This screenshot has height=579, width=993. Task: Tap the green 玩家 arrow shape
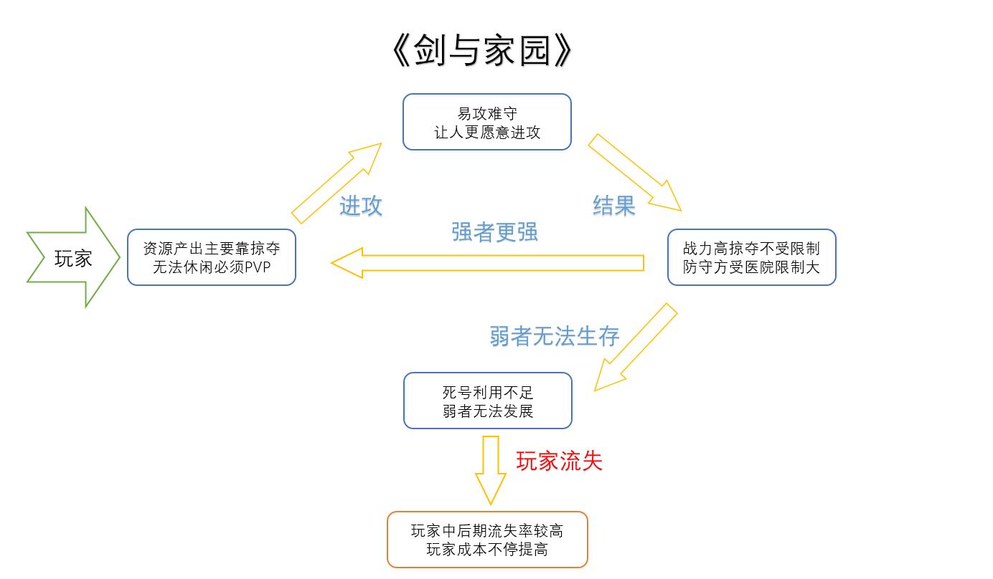[x=72, y=258]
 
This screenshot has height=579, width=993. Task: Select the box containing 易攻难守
[x=486, y=122]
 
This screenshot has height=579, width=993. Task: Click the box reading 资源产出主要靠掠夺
[x=212, y=257]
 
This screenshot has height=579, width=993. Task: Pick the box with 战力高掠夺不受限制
[x=751, y=257]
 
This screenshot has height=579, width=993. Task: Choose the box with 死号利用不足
[x=488, y=401]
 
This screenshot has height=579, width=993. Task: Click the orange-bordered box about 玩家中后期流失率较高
[x=487, y=540]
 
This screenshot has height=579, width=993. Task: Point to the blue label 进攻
[x=361, y=206]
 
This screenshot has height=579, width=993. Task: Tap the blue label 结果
[x=614, y=206]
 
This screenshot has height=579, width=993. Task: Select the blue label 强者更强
[x=494, y=231]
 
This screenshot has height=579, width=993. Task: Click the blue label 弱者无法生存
[x=554, y=335]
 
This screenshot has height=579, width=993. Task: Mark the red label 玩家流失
[x=559, y=461]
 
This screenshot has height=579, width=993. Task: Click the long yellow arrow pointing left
[x=488, y=263]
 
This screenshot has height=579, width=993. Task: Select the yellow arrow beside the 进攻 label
[x=335, y=183]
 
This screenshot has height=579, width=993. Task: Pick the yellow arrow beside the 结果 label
[x=635, y=173]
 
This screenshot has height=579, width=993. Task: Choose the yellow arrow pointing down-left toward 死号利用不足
[x=635, y=348]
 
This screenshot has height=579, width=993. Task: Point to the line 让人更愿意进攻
[x=487, y=132]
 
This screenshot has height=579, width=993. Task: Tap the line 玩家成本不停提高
[x=487, y=550]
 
